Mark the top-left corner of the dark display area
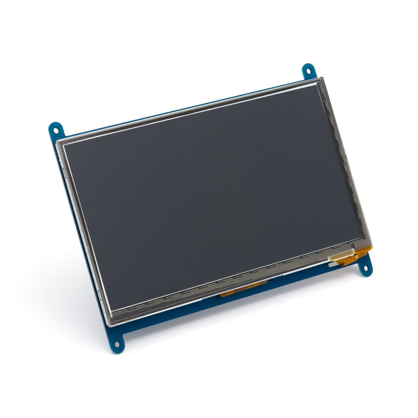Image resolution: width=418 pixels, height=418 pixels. coord(65,145)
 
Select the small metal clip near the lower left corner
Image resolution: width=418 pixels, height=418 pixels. coord(99,293)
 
